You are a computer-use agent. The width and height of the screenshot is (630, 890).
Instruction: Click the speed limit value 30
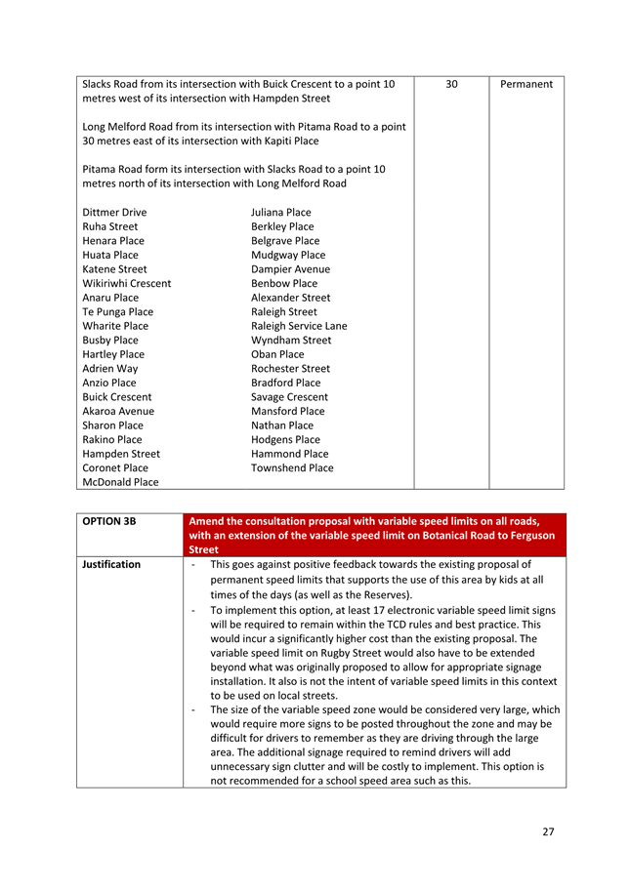[x=451, y=85]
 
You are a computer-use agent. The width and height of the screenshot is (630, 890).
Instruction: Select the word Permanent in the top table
[x=525, y=85]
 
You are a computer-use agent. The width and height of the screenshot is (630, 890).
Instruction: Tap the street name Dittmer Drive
[x=114, y=212]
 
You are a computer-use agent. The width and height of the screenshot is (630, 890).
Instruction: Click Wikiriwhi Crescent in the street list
[x=126, y=283]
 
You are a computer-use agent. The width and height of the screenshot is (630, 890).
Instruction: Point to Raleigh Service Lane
[x=298, y=326]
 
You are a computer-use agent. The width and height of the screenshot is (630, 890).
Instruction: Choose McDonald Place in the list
[x=120, y=482]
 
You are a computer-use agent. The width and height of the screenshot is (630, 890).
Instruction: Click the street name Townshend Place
[x=291, y=468]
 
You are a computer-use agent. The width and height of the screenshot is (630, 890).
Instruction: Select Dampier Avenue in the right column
[x=290, y=269]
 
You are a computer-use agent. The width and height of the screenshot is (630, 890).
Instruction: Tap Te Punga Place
[x=117, y=312]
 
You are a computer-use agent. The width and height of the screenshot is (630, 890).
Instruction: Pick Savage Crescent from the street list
[x=289, y=397]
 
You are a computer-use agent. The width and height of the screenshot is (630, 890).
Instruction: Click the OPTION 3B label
[x=108, y=521]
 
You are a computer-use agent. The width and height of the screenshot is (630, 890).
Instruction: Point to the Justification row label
[x=111, y=564]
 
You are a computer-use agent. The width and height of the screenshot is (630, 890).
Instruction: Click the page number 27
[x=547, y=831]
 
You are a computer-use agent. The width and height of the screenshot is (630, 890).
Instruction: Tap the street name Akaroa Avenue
[x=117, y=412]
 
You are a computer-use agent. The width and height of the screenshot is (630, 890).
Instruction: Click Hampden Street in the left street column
[x=121, y=454]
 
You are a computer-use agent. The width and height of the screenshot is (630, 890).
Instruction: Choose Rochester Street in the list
[x=290, y=369]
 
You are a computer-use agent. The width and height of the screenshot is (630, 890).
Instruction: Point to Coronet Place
[x=115, y=468]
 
